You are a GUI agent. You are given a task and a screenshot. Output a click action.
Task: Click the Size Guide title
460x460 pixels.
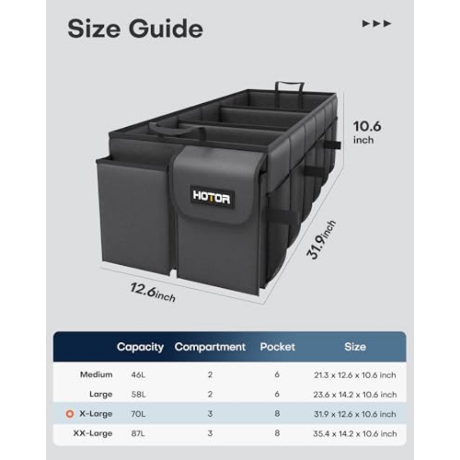[x=135, y=29]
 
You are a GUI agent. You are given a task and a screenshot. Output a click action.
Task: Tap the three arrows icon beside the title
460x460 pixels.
[x=377, y=24]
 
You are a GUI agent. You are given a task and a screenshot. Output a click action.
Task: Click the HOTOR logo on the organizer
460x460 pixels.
[x=212, y=197]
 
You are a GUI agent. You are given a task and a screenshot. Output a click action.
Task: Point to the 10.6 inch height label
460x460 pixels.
[x=367, y=132]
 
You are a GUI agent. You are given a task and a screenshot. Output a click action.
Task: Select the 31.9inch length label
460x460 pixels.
[x=320, y=240]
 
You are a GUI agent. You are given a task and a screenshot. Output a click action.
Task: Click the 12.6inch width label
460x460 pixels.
[x=152, y=292]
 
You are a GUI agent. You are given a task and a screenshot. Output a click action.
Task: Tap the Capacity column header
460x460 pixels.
[x=140, y=347]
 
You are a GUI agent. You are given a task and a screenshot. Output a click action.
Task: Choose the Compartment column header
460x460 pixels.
[x=210, y=347]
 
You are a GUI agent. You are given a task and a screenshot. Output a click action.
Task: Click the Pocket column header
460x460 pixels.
[x=277, y=347]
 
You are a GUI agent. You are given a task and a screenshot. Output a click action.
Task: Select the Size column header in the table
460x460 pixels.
[x=355, y=347]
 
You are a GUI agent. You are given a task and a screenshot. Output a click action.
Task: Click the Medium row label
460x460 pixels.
[x=96, y=375]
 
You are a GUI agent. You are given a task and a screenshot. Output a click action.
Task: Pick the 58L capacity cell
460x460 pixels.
[x=139, y=394]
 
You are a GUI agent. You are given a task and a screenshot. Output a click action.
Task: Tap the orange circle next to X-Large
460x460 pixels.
[x=70, y=413]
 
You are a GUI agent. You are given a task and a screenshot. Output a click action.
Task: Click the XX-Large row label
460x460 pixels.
[x=93, y=433]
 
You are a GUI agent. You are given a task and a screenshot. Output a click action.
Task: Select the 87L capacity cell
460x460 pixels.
[x=138, y=433]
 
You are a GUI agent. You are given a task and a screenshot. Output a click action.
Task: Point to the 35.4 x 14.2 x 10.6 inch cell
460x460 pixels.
[x=355, y=433]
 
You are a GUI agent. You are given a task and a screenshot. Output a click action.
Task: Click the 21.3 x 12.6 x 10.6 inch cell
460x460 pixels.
[x=355, y=375]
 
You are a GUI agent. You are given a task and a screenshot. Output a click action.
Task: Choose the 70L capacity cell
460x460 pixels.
[x=138, y=414]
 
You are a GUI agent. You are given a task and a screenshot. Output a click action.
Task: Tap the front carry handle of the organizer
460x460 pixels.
[x=176, y=130]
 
